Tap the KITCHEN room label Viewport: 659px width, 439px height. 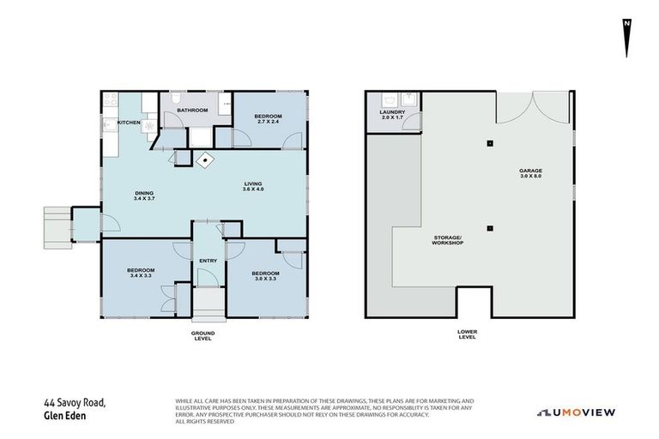(129, 123)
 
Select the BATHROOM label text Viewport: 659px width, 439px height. (193, 110)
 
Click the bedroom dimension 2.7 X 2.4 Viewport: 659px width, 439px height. (268, 122)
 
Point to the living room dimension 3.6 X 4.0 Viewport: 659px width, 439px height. (252, 189)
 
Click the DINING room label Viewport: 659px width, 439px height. (143, 193)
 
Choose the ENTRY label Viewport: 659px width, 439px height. (208, 261)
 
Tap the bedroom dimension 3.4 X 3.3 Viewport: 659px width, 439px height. (140, 276)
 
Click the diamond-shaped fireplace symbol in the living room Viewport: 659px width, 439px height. (206, 159)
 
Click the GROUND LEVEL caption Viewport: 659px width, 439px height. (203, 335)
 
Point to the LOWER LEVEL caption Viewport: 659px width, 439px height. (467, 335)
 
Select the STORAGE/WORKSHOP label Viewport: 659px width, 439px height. (447, 240)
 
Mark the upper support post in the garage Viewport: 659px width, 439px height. (489, 143)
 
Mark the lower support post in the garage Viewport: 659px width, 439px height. (489, 228)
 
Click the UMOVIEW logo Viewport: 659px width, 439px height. (576, 412)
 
